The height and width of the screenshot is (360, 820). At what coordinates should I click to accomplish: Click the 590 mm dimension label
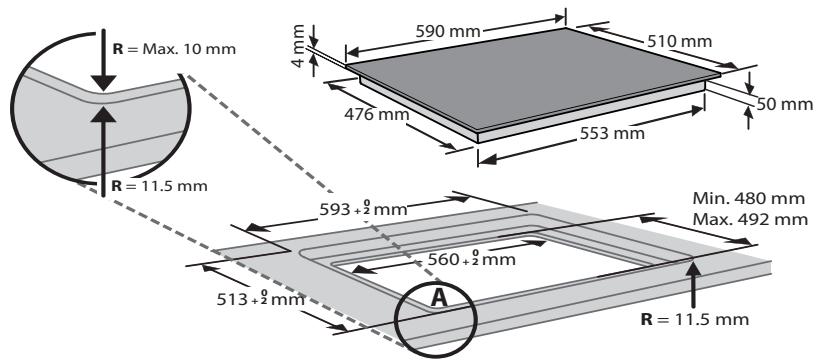[x=448, y=31]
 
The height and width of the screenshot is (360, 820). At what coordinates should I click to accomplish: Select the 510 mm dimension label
[x=679, y=41]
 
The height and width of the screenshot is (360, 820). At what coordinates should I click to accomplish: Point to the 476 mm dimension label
[x=376, y=114]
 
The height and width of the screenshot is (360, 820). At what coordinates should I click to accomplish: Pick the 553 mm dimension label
[x=612, y=133]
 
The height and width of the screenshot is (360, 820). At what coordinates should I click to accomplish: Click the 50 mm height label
[x=785, y=104]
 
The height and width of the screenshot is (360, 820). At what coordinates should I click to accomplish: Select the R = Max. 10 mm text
[x=174, y=49]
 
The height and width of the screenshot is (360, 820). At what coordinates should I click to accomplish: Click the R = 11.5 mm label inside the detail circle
[x=160, y=186]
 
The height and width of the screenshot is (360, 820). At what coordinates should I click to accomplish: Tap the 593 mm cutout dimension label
[x=363, y=210]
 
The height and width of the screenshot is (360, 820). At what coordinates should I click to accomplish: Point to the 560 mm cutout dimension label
[x=472, y=259]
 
